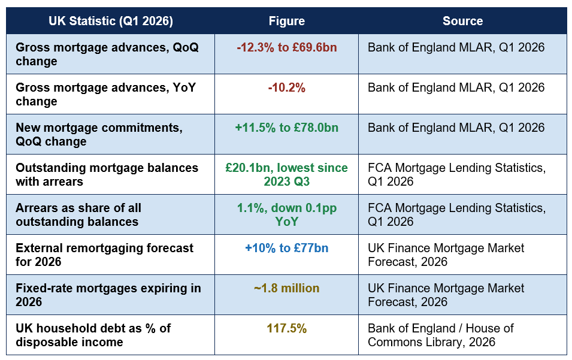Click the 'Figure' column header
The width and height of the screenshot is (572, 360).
tap(287, 21)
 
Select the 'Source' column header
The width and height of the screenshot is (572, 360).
tap(462, 21)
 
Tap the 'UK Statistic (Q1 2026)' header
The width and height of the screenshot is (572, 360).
tap(111, 21)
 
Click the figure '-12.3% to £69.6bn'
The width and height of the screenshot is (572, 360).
tap(287, 47)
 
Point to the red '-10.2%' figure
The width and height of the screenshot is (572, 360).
tap(287, 87)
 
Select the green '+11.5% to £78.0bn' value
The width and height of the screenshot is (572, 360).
tap(287, 128)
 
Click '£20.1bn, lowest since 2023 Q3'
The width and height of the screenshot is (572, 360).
tap(287, 174)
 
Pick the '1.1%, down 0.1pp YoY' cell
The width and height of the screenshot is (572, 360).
tap(287, 214)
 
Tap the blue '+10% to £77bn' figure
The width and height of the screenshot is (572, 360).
tap(287, 248)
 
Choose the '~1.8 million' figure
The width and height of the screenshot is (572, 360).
tap(287, 288)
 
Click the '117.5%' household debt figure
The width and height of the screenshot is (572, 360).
tap(287, 328)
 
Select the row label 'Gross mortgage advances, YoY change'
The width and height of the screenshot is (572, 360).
tap(106, 94)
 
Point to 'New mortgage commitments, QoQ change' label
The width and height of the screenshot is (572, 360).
tap(99, 134)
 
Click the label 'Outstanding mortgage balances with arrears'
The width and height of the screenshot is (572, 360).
tap(107, 174)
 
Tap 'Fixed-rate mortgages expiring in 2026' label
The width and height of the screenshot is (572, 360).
tap(108, 295)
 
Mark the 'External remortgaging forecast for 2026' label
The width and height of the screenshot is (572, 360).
tap(104, 255)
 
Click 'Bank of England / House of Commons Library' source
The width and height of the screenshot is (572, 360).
tap(441, 335)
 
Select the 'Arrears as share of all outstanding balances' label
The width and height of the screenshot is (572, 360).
tap(78, 214)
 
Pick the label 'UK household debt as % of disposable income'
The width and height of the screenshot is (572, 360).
tap(93, 335)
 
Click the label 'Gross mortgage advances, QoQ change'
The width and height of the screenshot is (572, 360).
tap(107, 54)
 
